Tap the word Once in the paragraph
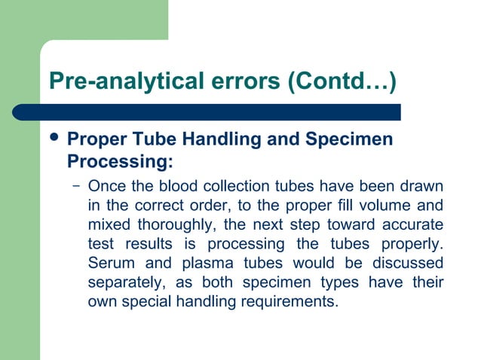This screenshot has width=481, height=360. pos(106,185)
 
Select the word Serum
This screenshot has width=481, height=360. pos(109,264)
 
